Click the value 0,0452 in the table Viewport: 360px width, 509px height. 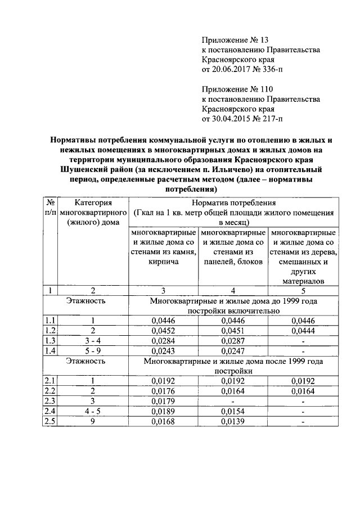coord(164,330)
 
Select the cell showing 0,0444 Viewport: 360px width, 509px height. coord(303,330)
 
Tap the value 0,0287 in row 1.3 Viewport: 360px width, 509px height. coord(233,340)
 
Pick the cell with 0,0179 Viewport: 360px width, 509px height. coord(164,402)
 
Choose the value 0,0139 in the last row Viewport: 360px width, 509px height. coord(233,422)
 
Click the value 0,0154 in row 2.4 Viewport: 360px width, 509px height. coord(233,412)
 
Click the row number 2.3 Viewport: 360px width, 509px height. coord(50,402)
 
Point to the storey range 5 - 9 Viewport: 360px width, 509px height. coord(93,350)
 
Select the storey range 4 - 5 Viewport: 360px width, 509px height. coord(93,412)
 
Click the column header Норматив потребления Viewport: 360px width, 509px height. coord(233,203)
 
